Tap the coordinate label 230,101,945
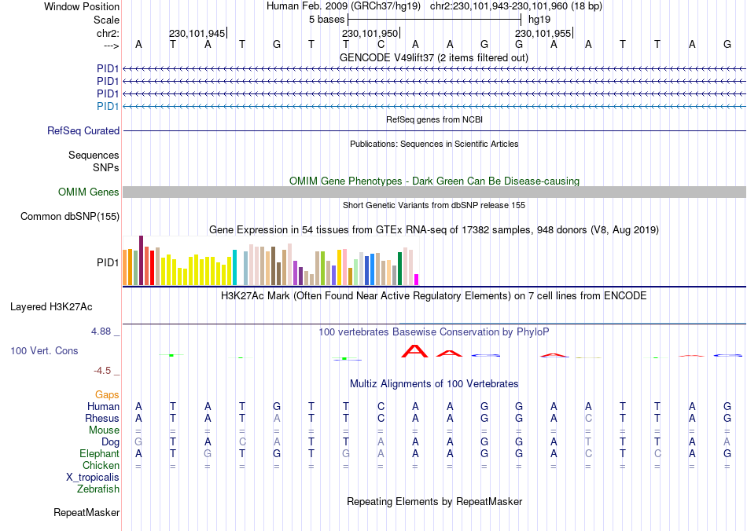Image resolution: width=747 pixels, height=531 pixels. pos(197,34)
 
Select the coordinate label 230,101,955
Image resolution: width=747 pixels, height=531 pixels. pos(543,34)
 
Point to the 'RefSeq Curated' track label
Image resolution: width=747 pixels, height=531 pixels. pos(83,131)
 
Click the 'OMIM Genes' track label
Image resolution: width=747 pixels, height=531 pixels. pos(89,192)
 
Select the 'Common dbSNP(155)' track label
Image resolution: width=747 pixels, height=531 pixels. pos(70,217)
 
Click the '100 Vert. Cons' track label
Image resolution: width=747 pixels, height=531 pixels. pos(44,351)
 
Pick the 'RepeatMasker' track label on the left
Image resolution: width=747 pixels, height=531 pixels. pos(86,513)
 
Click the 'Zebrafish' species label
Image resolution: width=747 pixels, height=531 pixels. pos(98,489)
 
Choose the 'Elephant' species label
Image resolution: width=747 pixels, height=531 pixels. pos(99,454)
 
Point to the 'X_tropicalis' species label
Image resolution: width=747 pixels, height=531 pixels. pos(93,478)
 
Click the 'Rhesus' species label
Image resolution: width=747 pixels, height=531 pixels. pos(102,419)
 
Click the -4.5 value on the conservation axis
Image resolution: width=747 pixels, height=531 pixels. pos(105,371)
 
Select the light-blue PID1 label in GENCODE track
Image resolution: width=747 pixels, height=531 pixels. pos(108,106)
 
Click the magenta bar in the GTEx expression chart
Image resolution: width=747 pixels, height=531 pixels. pos(417,279)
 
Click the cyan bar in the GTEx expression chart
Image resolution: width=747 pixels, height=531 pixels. pos(234,267)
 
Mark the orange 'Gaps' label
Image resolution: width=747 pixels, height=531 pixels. pos(108,394)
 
